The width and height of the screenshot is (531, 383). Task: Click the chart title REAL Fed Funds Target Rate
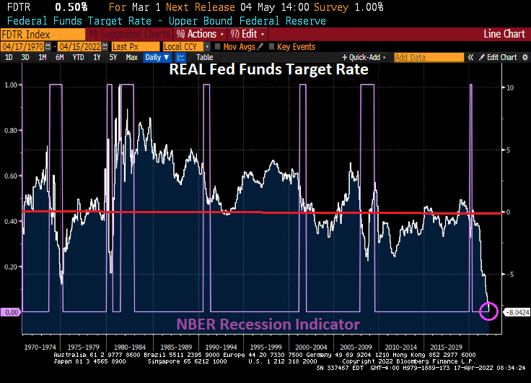click(268, 70)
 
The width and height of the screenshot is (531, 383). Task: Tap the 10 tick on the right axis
click(510, 87)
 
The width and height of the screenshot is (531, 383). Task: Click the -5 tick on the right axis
click(510, 275)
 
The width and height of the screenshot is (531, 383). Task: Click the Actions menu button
click(200, 34)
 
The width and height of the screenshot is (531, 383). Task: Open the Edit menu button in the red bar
click(252, 34)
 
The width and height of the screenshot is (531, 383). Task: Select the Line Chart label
click(504, 34)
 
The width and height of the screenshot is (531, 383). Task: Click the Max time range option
click(132, 57)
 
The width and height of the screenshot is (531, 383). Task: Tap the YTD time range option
click(78, 57)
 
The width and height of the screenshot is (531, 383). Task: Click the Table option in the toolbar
click(205, 57)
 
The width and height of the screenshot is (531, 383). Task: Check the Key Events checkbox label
click(296, 46)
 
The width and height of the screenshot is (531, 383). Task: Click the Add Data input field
click(427, 57)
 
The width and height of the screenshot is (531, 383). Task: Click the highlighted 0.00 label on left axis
click(11, 311)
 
